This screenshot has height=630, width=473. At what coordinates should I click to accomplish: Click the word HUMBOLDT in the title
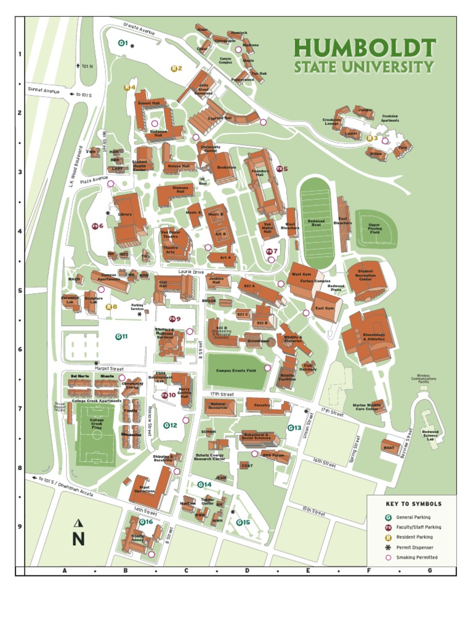click(x=364, y=47)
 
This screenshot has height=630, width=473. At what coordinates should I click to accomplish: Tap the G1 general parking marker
click(x=123, y=43)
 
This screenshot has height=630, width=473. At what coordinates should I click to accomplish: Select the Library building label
click(x=125, y=215)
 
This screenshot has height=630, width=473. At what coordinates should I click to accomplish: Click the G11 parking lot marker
click(x=121, y=337)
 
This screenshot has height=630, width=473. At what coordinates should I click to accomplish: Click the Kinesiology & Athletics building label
click(x=374, y=337)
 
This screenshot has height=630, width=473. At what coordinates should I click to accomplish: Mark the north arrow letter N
click(x=78, y=540)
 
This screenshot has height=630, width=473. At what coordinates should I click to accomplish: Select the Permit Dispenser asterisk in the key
click(x=389, y=547)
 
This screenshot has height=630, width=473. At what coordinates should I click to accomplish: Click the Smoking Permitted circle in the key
click(x=389, y=557)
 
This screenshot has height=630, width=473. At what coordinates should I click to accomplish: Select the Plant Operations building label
click(x=145, y=490)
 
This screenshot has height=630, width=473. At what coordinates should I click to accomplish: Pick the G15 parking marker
click(x=243, y=522)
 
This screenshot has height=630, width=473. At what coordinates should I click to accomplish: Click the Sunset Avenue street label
click(x=43, y=90)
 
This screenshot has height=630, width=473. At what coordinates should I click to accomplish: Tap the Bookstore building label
click(x=226, y=167)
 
